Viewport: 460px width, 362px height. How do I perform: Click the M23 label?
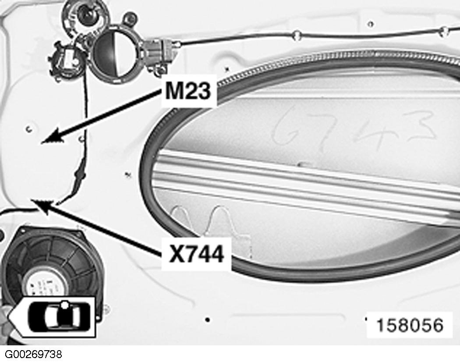coord(189,92)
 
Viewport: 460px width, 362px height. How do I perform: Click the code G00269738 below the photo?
coord(33,354)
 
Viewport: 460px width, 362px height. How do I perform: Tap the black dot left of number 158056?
coord(208,319)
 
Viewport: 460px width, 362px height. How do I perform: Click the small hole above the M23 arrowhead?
coord(28,128)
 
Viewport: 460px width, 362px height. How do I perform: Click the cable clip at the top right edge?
coord(444,30)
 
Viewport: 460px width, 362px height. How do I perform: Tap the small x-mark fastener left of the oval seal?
coord(128,174)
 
